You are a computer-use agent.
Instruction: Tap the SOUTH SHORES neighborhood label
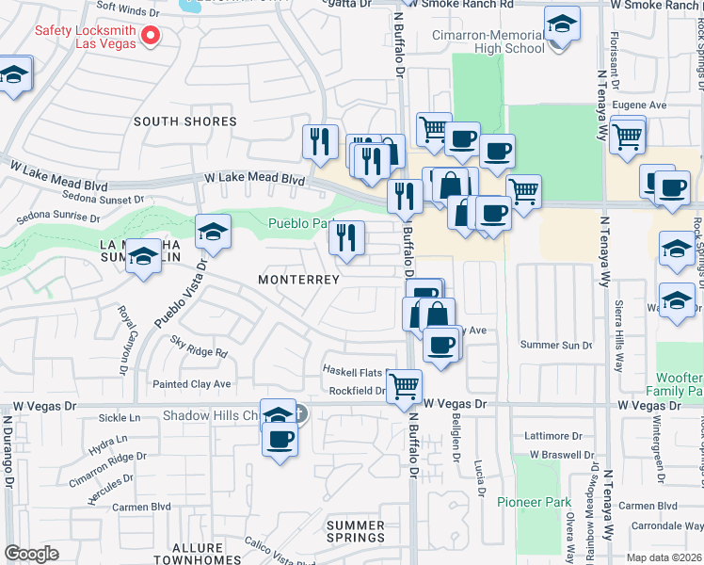[x=184, y=121]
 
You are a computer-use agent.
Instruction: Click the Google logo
[x=32, y=554]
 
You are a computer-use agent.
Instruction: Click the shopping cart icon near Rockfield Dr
[x=404, y=384]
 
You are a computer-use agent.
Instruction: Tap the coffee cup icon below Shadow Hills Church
[x=280, y=438]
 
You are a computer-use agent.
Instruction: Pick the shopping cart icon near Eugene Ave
[x=627, y=135]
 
